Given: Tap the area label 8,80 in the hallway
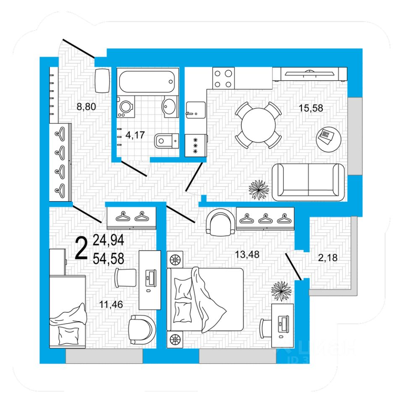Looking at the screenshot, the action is click(86, 107).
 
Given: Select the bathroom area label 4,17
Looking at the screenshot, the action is click(136, 135).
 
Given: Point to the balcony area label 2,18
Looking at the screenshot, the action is click(328, 258).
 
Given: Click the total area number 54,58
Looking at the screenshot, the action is click(108, 259).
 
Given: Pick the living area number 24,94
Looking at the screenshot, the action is click(108, 241).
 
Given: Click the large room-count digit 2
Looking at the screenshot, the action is click(81, 249).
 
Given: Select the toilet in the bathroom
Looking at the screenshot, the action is click(166, 141).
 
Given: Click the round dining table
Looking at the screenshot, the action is click(258, 125).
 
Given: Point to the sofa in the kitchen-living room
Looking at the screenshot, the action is click(309, 183).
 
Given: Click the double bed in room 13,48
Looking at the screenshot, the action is click(205, 300).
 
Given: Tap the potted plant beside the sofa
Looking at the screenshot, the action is click(259, 189).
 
